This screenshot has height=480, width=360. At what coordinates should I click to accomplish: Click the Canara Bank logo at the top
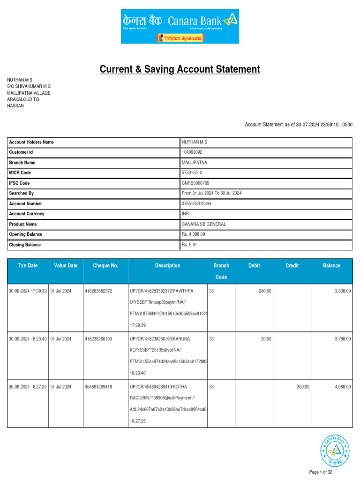180,26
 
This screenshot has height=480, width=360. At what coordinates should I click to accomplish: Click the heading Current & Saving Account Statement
180,69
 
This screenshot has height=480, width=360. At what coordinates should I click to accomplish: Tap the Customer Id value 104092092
192,152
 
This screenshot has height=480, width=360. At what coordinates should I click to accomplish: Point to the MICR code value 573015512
192,173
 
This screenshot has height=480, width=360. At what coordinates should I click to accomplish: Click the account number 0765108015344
196,204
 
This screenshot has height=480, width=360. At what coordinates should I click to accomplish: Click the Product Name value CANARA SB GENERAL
203,224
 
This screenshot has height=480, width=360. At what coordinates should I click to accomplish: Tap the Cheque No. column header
105,266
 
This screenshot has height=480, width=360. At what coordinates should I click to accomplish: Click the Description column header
167,266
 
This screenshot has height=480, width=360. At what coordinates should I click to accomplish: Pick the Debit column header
254,266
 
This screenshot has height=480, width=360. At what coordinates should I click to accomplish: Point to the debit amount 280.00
265,291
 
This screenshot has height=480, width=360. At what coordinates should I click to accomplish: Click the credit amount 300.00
303,387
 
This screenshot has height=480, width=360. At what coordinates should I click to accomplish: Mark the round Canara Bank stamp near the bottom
335,450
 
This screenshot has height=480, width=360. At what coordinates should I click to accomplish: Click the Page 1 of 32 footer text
321,472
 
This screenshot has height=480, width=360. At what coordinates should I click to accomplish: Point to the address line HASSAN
15,106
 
